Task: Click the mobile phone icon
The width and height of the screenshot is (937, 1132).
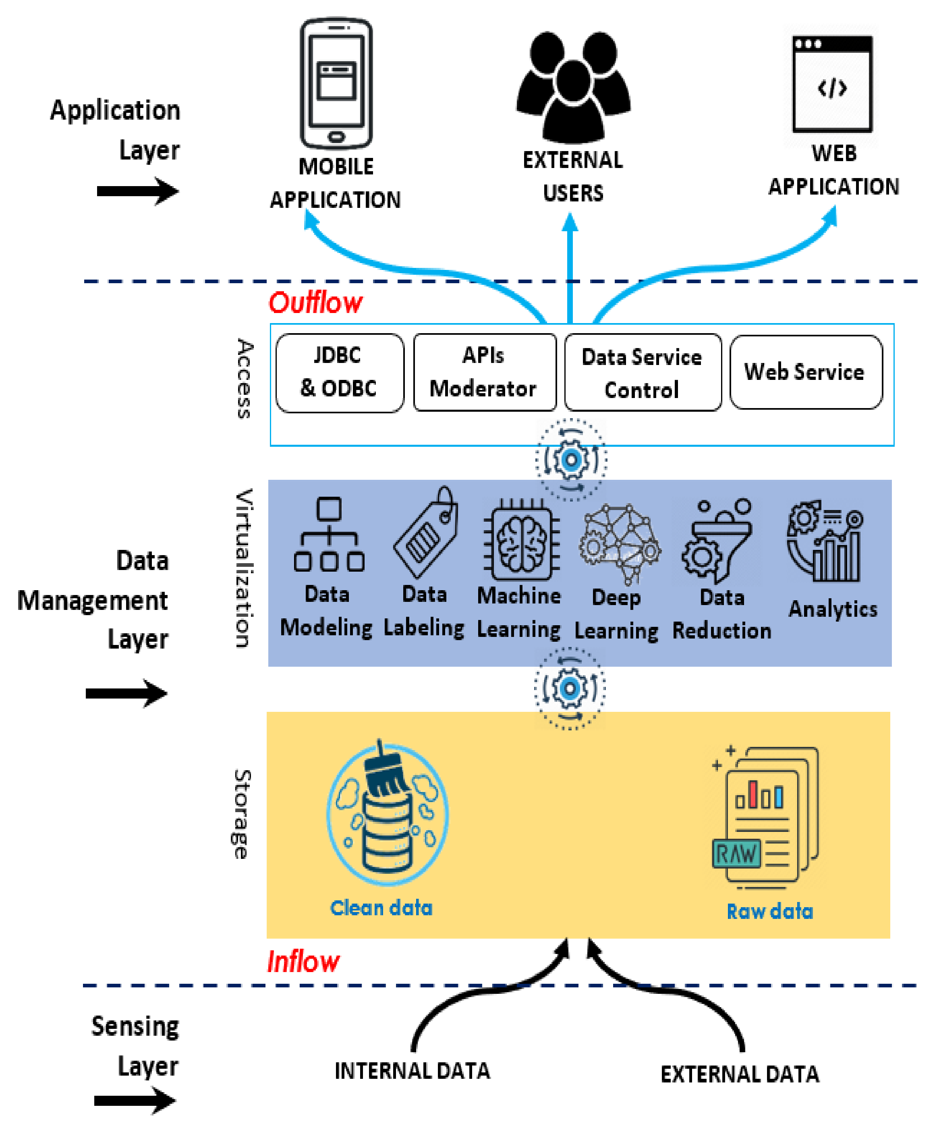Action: (336, 83)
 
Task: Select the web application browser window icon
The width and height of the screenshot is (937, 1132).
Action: (831, 83)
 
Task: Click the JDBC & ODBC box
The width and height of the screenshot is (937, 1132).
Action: (339, 373)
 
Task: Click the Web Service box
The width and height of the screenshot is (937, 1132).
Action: (805, 372)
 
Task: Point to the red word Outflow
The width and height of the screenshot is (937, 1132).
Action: (315, 303)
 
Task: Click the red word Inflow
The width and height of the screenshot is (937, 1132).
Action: (303, 962)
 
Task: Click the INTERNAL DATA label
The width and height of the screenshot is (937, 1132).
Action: (412, 1070)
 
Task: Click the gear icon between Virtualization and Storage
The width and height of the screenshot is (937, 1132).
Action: (569, 688)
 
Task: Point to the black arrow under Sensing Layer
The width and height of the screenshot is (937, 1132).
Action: (135, 1100)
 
